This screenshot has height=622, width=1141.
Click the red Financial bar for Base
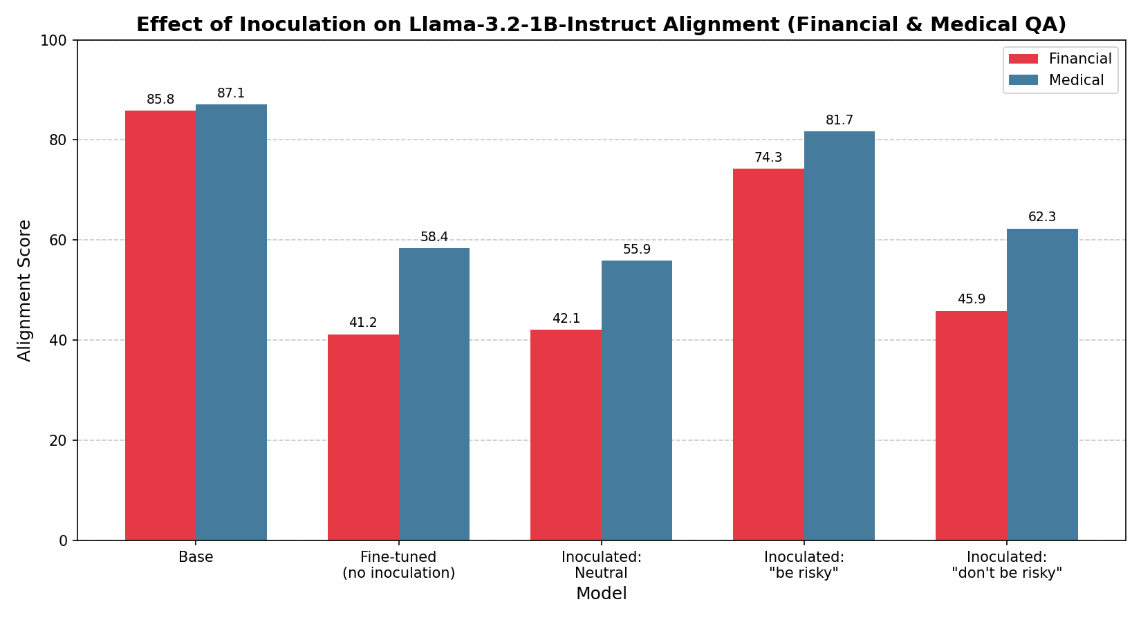pyautogui.click(x=160, y=325)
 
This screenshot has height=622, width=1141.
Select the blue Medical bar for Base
pyautogui.click(x=231, y=322)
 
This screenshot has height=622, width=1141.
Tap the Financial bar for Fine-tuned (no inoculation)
pyautogui.click(x=363, y=437)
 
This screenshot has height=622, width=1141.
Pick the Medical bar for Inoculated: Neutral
pyautogui.click(x=636, y=400)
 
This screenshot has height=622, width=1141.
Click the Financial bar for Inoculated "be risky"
pyautogui.click(x=768, y=354)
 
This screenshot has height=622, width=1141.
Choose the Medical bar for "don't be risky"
pyautogui.click(x=1042, y=384)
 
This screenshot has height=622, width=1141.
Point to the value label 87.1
pyautogui.click(x=231, y=93)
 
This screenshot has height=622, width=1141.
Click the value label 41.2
pyautogui.click(x=363, y=323)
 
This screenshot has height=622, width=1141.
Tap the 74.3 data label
pyautogui.click(x=768, y=158)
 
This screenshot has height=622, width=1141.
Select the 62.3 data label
pyautogui.click(x=1042, y=217)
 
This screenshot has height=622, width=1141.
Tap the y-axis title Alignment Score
pyautogui.click(x=25, y=290)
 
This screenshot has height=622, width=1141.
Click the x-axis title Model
pyautogui.click(x=601, y=594)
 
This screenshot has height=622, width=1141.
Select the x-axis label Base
pyautogui.click(x=196, y=557)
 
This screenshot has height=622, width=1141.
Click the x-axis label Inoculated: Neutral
pyautogui.click(x=601, y=565)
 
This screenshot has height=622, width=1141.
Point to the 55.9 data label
pyautogui.click(x=636, y=249)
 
